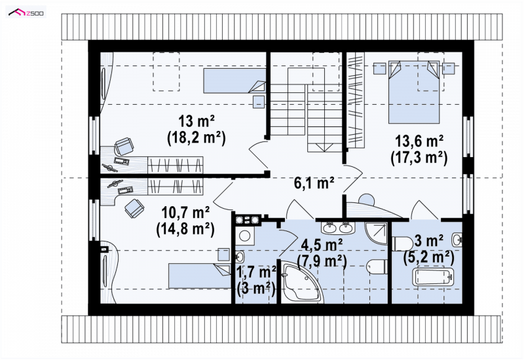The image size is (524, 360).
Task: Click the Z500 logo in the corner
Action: [x=26, y=13]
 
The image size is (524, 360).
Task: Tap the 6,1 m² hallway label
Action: [x=314, y=183]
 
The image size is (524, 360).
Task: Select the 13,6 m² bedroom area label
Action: [x=419, y=141]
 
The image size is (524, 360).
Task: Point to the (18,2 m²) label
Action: [x=196, y=137]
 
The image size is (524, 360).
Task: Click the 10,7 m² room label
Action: [x=185, y=212]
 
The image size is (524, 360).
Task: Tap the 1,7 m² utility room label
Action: [x=256, y=272]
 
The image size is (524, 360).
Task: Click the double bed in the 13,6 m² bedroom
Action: [x=414, y=92]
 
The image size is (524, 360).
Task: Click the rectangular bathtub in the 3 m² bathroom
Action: [x=433, y=276]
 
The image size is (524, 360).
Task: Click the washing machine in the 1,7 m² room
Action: [x=244, y=236]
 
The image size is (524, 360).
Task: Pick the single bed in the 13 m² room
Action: [x=234, y=81]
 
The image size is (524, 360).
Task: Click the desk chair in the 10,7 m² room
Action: [x=135, y=208]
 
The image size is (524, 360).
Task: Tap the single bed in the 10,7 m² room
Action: [x=200, y=276]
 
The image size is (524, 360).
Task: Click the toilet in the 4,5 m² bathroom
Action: [x=377, y=267]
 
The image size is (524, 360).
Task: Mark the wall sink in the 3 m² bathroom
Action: [x=457, y=240]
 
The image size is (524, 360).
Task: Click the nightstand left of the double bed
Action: [x=380, y=69]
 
